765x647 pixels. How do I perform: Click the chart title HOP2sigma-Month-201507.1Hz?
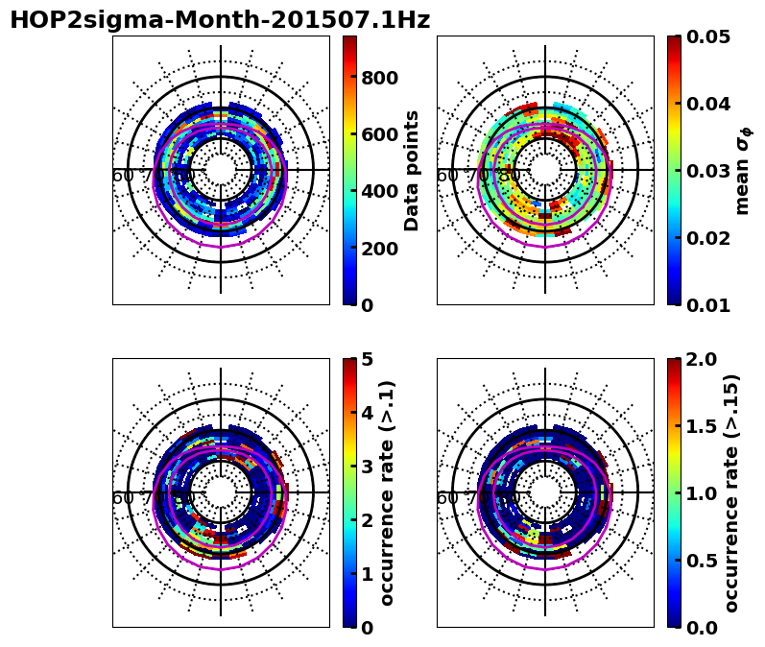pyautogui.click(x=220, y=20)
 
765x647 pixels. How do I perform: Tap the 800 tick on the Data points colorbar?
pyautogui.click(x=379, y=78)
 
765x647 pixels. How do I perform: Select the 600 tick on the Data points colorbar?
pyautogui.click(x=379, y=134)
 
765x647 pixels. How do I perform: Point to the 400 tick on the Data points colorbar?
pyautogui.click(x=379, y=191)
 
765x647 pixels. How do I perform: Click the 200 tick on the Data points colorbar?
pyautogui.click(x=379, y=249)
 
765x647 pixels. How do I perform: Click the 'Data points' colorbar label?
pyautogui.click(x=413, y=170)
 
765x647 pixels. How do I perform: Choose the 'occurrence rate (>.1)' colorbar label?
pyautogui.click(x=388, y=492)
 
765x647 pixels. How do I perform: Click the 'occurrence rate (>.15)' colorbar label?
pyautogui.click(x=731, y=492)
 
